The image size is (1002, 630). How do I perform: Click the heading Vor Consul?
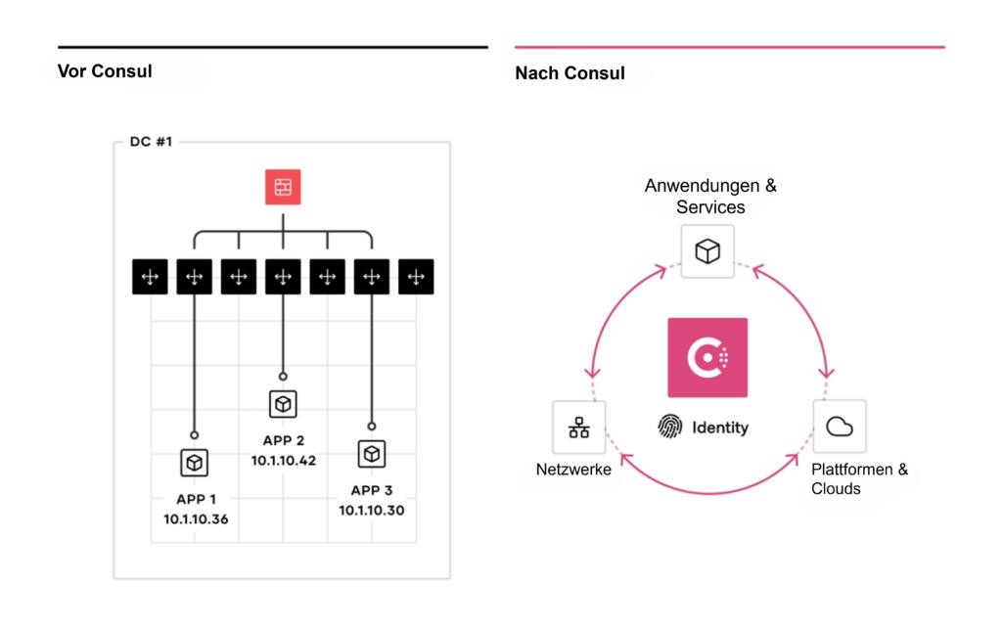(x=105, y=70)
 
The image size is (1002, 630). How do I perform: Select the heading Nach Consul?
(x=569, y=73)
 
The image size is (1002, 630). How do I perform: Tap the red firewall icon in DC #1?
(x=283, y=187)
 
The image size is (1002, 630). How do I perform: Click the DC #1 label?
(x=151, y=142)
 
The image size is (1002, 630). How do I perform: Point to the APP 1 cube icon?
(x=194, y=463)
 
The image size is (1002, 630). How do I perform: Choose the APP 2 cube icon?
(x=283, y=403)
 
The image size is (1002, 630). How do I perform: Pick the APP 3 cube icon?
(x=371, y=454)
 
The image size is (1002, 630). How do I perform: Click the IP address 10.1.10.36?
(x=196, y=519)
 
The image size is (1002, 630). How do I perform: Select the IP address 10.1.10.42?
(x=284, y=460)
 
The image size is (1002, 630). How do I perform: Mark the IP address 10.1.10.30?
(x=372, y=511)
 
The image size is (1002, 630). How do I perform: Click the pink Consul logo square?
(x=706, y=357)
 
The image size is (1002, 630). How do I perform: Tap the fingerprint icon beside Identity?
(x=670, y=427)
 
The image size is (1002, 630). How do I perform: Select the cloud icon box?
(x=840, y=427)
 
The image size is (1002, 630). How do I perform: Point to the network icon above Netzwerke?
(x=579, y=427)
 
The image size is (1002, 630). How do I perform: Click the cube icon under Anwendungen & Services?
(x=707, y=251)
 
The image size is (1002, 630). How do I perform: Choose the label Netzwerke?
(x=573, y=470)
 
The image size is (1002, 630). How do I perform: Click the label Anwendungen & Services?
(x=710, y=196)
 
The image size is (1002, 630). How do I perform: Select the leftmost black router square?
(x=150, y=278)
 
